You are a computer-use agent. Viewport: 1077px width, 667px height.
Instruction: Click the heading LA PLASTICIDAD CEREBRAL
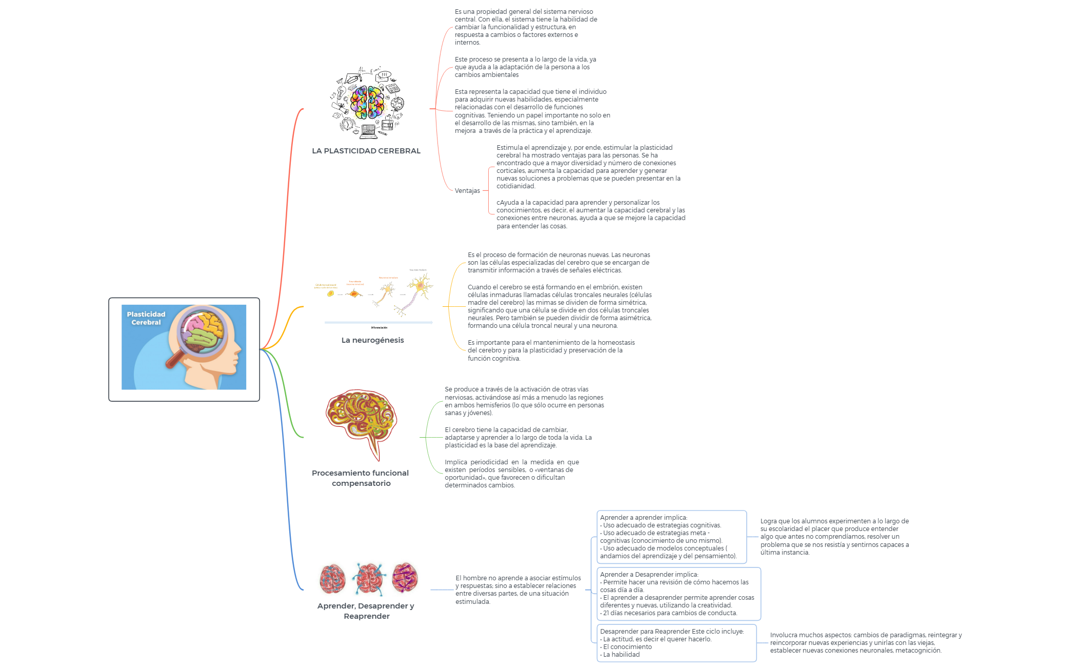click(x=366, y=151)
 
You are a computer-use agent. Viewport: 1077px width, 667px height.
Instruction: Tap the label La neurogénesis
click(x=372, y=340)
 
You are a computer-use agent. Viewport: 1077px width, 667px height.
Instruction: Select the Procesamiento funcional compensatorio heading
click(x=361, y=478)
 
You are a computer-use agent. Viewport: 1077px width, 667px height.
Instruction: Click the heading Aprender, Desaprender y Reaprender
click(x=366, y=611)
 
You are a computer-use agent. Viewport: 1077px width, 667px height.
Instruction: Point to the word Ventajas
click(x=467, y=191)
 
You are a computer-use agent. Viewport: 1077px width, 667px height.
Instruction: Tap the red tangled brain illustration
click(x=361, y=421)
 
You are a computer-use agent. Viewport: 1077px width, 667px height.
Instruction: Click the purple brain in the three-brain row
click(x=405, y=577)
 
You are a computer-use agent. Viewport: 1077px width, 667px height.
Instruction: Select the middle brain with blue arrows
click(x=369, y=578)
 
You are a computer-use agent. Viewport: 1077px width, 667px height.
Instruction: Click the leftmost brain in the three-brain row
click(x=332, y=578)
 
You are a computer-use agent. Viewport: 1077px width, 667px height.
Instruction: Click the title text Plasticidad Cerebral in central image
click(x=146, y=318)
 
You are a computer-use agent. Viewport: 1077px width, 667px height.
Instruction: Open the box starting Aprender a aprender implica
click(x=671, y=537)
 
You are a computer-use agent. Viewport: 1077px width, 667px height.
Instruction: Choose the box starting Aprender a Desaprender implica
click(x=679, y=594)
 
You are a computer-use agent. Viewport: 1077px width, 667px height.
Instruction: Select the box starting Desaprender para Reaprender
click(x=676, y=643)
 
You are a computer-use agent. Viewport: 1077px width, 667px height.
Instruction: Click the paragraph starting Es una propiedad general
click(x=526, y=27)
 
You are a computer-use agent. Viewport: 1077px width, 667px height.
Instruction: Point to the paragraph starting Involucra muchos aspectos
click(x=866, y=643)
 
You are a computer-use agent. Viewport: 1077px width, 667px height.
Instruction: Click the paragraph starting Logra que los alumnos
click(x=834, y=537)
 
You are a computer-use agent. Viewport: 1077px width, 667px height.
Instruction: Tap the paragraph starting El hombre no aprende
click(x=518, y=590)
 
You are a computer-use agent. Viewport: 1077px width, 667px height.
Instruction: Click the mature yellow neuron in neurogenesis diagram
click(x=421, y=286)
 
